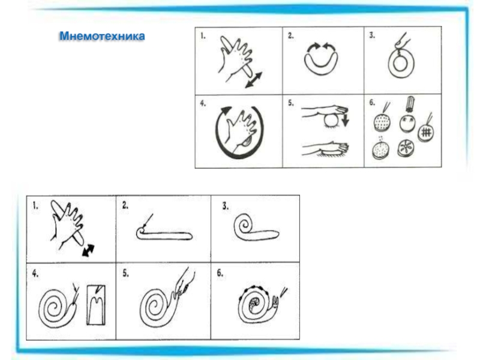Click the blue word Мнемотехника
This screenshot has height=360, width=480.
pyautogui.click(x=102, y=36)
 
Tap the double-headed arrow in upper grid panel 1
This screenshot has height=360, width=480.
pyautogui.click(x=254, y=80)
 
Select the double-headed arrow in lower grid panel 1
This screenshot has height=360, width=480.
pyautogui.click(x=88, y=250)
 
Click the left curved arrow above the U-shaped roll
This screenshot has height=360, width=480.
pyautogui.click(x=313, y=47)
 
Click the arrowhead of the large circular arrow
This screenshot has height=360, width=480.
pyautogui.click(x=226, y=110)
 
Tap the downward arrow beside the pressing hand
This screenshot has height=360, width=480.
pyautogui.click(x=346, y=119)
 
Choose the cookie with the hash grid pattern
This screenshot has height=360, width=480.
pyautogui.click(x=426, y=132)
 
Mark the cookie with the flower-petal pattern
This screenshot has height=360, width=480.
pyautogui.click(x=406, y=148)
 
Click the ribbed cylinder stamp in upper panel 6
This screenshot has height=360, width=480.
pyautogui.click(x=410, y=104)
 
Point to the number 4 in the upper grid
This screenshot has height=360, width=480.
pyautogui.click(x=203, y=103)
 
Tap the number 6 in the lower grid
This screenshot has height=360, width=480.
pyautogui.click(x=220, y=273)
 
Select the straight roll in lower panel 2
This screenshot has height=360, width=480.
pyautogui.click(x=164, y=234)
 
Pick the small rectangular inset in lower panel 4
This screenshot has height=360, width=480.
pyautogui.click(x=96, y=305)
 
